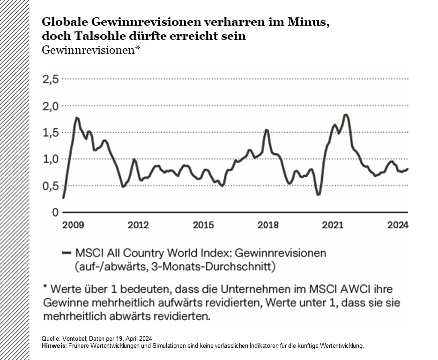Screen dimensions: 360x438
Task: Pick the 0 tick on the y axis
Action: pos(55,212)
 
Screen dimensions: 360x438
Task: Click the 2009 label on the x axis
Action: pos(73,225)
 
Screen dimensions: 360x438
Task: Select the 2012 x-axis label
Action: pos(138,225)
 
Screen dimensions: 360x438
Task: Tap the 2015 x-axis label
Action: pos(203,225)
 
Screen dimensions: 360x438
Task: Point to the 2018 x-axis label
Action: pos(268,225)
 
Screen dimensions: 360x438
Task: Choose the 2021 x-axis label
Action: pos(333,225)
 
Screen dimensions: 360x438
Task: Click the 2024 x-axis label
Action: pos(398,225)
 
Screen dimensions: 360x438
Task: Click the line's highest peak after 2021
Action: pos(346,114)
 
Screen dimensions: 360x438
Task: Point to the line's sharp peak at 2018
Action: pos(267,130)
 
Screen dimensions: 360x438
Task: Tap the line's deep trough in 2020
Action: pos(319,195)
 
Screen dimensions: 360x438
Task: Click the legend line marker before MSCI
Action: pos(66,253)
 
